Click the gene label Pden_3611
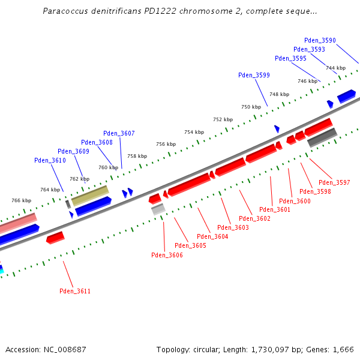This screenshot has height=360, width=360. [75, 291]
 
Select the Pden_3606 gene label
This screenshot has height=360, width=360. [167, 255]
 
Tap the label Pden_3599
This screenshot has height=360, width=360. [254, 75]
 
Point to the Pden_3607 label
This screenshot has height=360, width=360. [119, 133]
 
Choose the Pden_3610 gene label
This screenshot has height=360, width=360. [50, 160]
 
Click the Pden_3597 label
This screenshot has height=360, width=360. [334, 182]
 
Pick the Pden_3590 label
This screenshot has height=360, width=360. [320, 40]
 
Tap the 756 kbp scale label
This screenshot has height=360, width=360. [166, 144]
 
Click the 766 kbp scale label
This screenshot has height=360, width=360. [21, 200]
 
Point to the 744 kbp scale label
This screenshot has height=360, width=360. [335, 68]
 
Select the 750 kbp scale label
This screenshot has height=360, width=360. [251, 107]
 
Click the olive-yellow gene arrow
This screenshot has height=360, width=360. [90, 195]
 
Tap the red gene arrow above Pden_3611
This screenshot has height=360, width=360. [55, 238]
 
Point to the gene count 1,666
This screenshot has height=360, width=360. [343, 349]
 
